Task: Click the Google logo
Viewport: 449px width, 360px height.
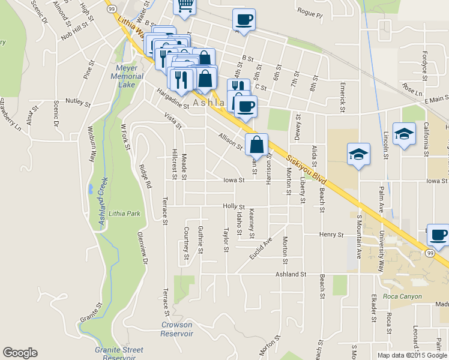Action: coord(20,353)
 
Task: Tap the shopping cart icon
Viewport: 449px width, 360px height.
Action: coord(185,5)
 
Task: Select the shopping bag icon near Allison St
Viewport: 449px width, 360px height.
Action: coord(257,145)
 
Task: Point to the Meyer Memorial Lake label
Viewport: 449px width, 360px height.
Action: coord(127,76)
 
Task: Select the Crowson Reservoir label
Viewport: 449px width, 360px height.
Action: coord(177,329)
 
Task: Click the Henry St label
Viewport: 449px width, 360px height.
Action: coord(331,234)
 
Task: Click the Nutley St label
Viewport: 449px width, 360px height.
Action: coord(78,103)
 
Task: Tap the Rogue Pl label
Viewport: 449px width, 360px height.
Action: coord(310,11)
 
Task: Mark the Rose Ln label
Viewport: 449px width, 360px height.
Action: coord(413,90)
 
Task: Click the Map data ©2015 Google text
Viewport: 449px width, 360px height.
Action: coord(412,355)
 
